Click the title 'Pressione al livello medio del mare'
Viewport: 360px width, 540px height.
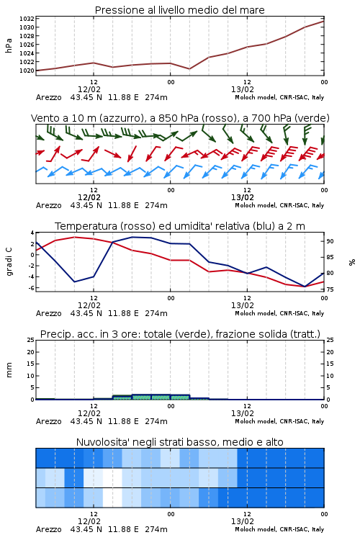click(179, 10)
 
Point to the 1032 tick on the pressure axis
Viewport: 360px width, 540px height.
click(27, 19)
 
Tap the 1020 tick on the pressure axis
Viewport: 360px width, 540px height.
click(27, 71)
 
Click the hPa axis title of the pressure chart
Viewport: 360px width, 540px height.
click(9, 45)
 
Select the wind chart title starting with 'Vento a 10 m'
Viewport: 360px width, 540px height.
click(180, 118)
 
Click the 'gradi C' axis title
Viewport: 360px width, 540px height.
click(9, 261)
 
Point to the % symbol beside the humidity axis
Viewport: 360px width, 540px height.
click(352, 262)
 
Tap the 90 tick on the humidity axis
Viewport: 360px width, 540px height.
click(330, 241)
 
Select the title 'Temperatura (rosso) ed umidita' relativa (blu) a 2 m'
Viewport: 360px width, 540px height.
click(180, 226)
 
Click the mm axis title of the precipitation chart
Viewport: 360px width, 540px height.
click(9, 370)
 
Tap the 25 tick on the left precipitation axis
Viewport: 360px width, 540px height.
click(31, 340)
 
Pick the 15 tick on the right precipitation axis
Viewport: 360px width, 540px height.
click(330, 364)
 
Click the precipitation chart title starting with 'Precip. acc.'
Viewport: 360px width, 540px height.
click(180, 334)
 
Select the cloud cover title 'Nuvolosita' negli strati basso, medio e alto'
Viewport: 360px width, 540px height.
click(179, 442)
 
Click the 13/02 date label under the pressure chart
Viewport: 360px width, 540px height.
click(242, 89)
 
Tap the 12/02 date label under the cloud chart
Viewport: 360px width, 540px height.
click(89, 521)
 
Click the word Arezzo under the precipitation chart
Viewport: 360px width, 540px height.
click(48, 421)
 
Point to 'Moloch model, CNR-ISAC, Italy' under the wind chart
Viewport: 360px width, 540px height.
click(279, 205)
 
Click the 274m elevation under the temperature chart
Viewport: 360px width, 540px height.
click(156, 313)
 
